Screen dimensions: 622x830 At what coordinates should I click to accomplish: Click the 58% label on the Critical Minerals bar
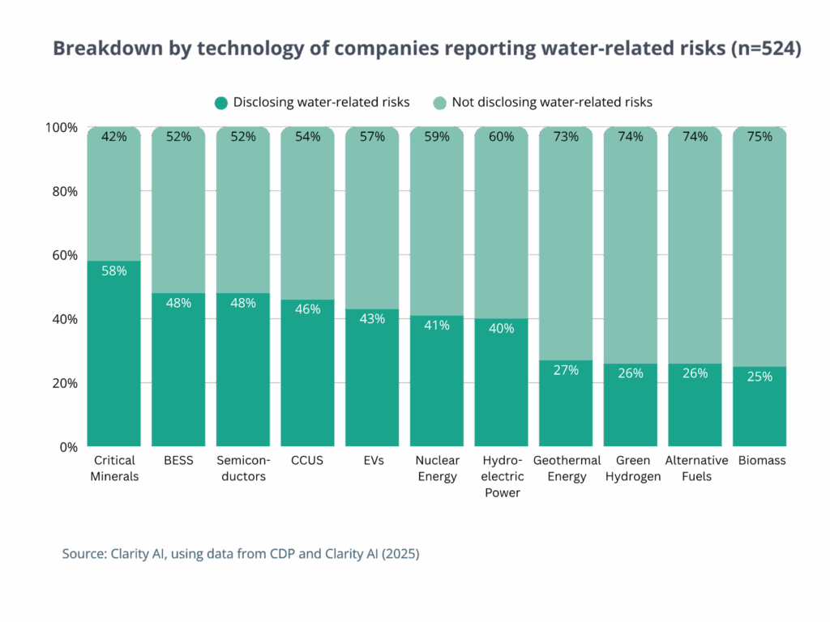113,271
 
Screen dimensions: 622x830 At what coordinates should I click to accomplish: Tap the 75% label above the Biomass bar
759,137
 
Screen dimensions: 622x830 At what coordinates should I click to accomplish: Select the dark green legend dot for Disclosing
221,103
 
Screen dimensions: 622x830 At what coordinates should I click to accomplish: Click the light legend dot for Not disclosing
439,103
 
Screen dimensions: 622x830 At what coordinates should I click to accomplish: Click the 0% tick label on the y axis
67,446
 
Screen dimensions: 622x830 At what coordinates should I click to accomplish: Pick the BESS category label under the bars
178,461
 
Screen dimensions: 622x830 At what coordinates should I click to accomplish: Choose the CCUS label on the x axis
308,461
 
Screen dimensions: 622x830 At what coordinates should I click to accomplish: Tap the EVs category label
373,461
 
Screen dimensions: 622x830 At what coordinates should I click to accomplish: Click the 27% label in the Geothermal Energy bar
566,369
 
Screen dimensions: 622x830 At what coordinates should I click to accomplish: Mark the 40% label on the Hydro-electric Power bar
501,328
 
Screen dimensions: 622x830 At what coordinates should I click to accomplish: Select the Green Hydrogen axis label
631,468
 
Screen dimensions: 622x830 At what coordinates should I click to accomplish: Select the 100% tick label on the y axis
62,128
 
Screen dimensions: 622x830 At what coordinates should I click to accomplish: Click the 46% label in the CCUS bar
308,309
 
